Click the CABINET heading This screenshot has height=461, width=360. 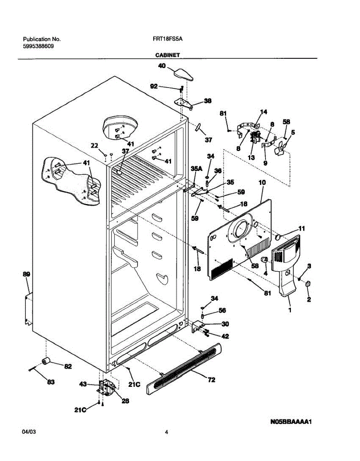pyautogui.click(x=168, y=55)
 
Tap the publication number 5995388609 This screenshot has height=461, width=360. pyautogui.click(x=38, y=46)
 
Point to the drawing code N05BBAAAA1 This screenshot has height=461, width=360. pyautogui.click(x=290, y=422)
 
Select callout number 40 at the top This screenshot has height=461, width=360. pyautogui.click(x=162, y=66)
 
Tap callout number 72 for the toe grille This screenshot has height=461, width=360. pyautogui.click(x=211, y=380)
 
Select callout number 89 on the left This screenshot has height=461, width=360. pyautogui.click(x=26, y=274)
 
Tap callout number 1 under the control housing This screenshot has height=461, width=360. pyautogui.click(x=290, y=310)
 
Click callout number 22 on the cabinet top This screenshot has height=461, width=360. pyautogui.click(x=95, y=145)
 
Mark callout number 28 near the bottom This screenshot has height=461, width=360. pyautogui.click(x=125, y=401)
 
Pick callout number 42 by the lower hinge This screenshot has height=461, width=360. pyautogui.click(x=225, y=336)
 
